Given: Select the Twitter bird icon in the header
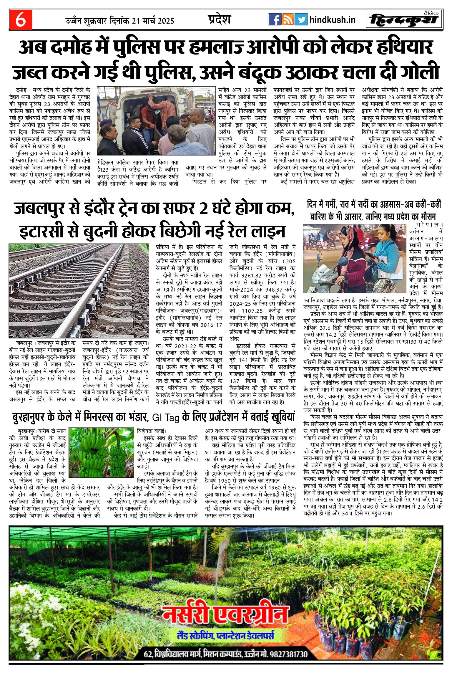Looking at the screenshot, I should [300, 19].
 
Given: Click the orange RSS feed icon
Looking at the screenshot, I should [287, 19].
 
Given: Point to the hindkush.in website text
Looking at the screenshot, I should [333, 20].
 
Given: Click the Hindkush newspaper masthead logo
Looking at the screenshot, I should [404, 20].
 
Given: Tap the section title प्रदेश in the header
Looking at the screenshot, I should [219, 19].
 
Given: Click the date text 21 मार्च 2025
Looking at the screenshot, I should [153, 21].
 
